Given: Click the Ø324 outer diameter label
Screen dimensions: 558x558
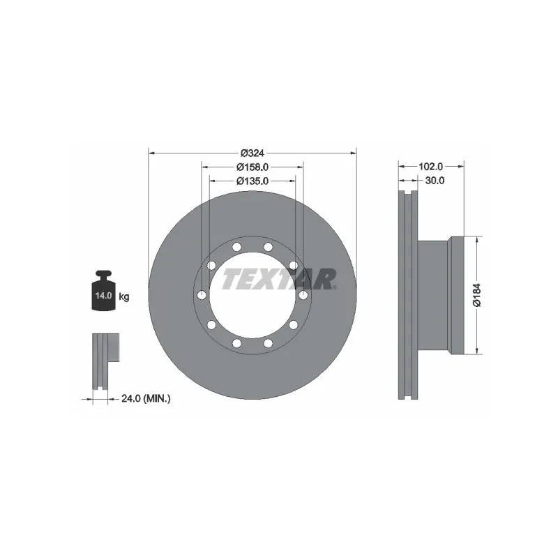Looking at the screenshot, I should coord(251,153).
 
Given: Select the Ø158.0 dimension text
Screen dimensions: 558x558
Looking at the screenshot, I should coord(252,167).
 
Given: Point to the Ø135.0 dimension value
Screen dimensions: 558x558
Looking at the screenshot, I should coord(252,181).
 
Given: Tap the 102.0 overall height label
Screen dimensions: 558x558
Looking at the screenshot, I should coord(431,167).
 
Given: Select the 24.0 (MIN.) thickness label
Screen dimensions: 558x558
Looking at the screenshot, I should coord(146,399).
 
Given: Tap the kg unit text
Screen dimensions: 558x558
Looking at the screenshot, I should coord(124,297).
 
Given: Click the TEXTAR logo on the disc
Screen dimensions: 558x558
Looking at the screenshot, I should coord(279,279).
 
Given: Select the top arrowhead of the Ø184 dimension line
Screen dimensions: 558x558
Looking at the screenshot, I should coord(477,239).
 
